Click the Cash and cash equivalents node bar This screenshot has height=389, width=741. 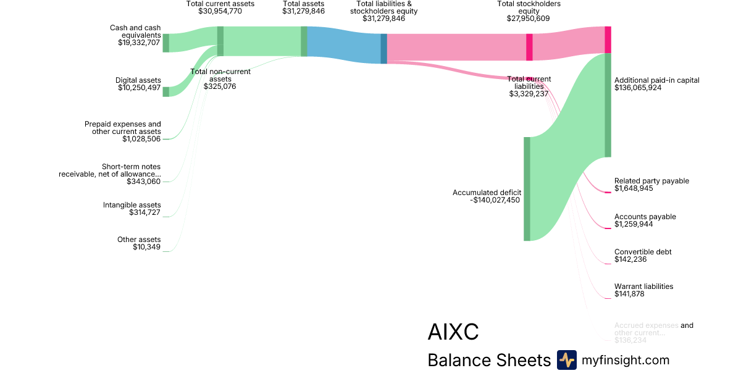[165, 43]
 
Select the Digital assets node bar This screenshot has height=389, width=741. [165, 92]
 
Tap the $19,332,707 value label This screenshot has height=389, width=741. [139, 43]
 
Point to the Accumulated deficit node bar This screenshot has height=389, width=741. [527, 188]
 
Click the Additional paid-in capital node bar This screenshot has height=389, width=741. [608, 105]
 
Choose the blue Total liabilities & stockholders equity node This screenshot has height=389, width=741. [383, 48]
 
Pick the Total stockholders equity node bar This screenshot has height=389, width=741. [529, 47]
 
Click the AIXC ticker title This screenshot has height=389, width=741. [453, 332]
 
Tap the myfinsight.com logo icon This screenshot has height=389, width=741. [566, 360]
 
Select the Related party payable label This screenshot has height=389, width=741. [651, 181]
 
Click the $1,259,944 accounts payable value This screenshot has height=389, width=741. [634, 224]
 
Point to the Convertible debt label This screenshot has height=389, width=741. [643, 252]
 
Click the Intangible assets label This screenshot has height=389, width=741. [132, 205]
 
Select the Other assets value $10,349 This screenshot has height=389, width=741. [146, 247]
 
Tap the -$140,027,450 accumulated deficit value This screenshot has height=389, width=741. [495, 200]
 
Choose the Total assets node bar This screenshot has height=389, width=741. [304, 41]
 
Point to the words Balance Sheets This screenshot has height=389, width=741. [488, 361]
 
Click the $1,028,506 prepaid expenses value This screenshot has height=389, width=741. [141, 139]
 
